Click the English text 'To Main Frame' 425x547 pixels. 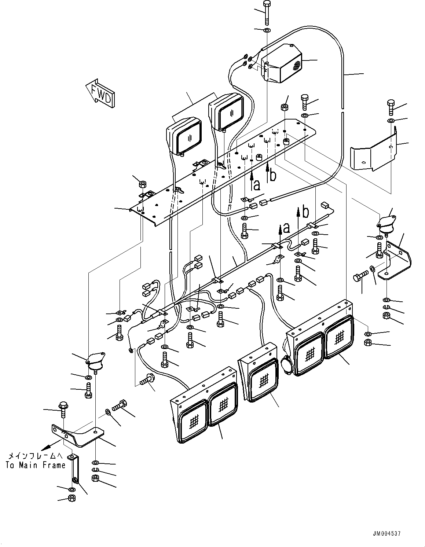(x=36, y=465)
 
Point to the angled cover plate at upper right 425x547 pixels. (x=374, y=154)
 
